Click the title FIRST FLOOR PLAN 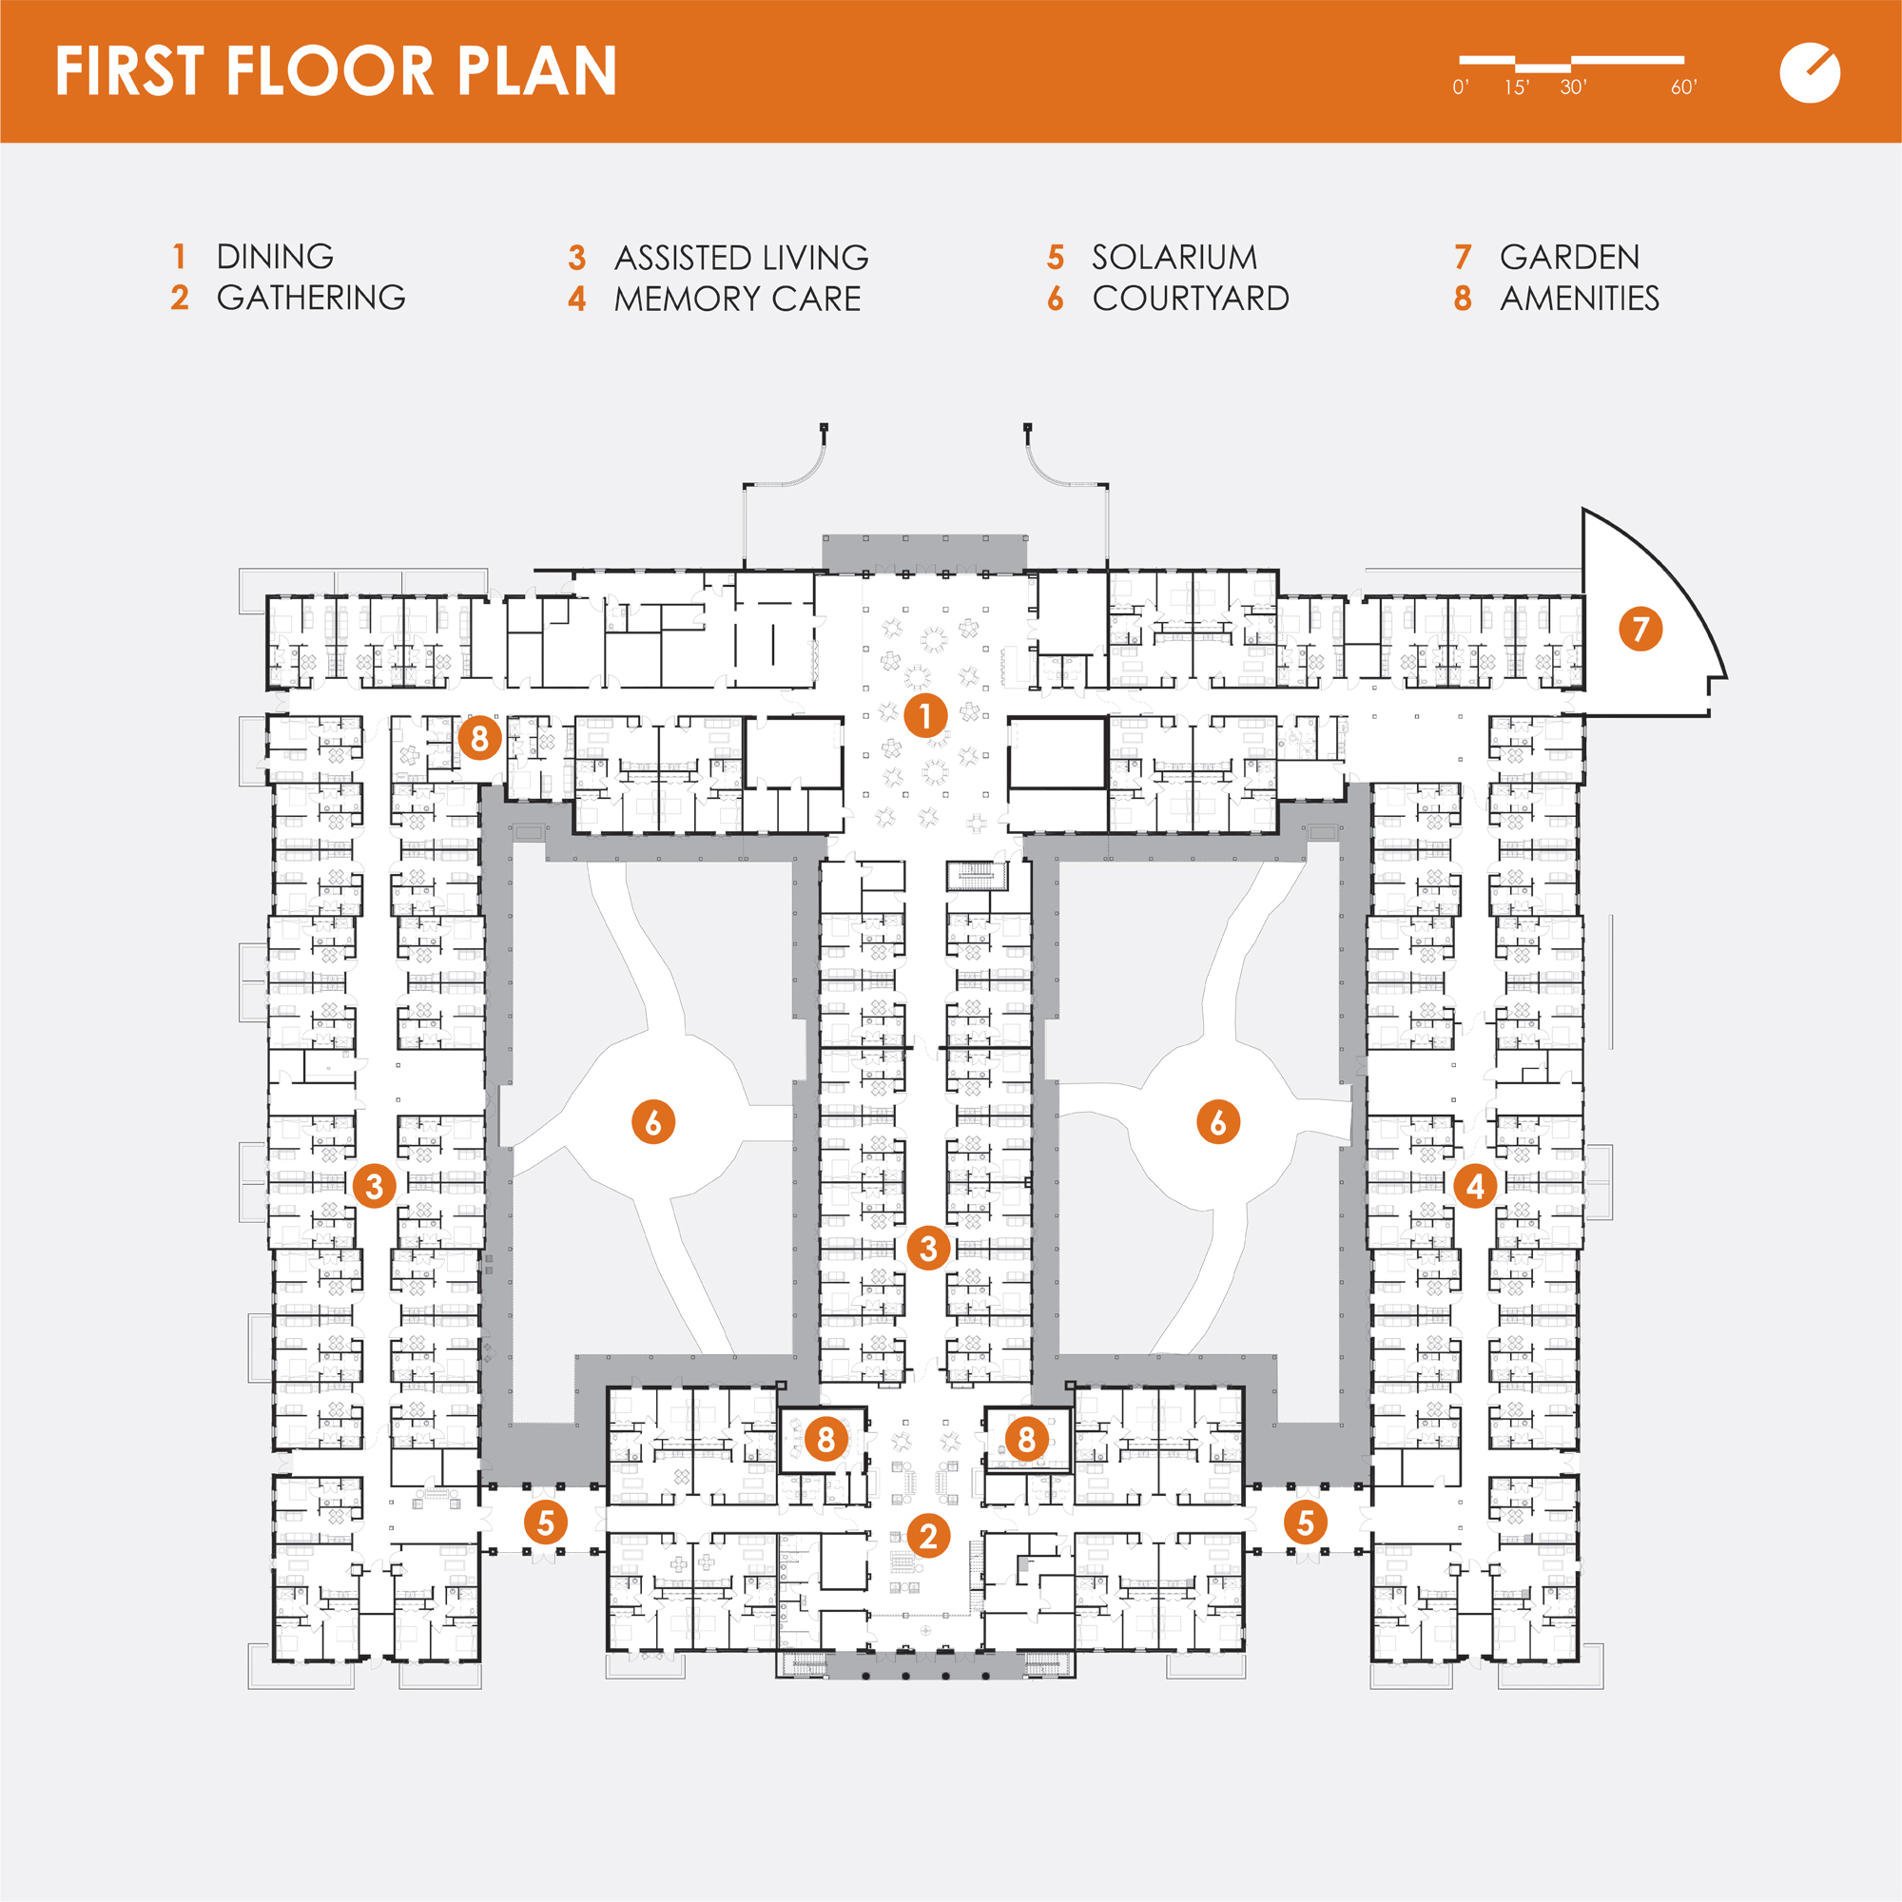tap(336, 71)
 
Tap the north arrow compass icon tap(1810, 73)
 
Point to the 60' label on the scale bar tap(1683, 87)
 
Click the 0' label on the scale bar tap(1461, 87)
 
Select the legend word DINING tap(275, 257)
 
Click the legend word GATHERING tap(311, 298)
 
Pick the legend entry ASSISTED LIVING tap(742, 258)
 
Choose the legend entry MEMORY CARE tap(737, 300)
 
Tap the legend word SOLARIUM tap(1174, 258)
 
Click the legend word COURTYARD tap(1191, 299)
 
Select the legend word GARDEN tap(1569, 258)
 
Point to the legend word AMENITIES tap(1579, 299)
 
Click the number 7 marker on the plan tap(1640, 629)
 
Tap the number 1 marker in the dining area tap(925, 716)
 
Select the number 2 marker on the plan tap(928, 1535)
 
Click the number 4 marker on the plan tap(1475, 1186)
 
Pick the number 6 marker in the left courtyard tap(652, 1121)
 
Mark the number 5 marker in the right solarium tap(1306, 1523)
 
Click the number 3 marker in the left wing tap(374, 1186)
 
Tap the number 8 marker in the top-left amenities tap(479, 737)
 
